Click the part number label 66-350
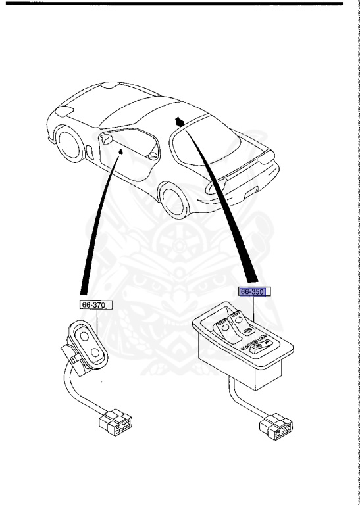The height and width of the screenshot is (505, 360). coord(250,293)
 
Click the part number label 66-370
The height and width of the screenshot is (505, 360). coord(93,304)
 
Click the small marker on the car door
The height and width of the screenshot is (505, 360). coord(120,152)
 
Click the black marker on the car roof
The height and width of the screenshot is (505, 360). coord(179,121)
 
